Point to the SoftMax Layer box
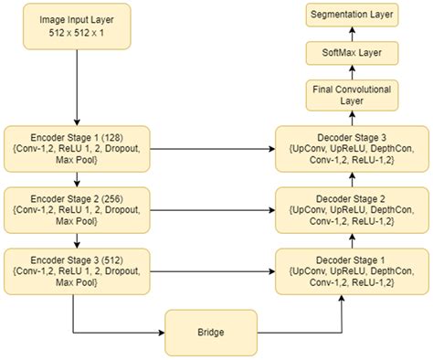353,54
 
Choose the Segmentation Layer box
353,15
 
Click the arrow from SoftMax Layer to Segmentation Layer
353,35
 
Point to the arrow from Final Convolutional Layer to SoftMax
353,73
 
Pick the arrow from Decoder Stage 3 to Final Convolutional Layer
353,119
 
